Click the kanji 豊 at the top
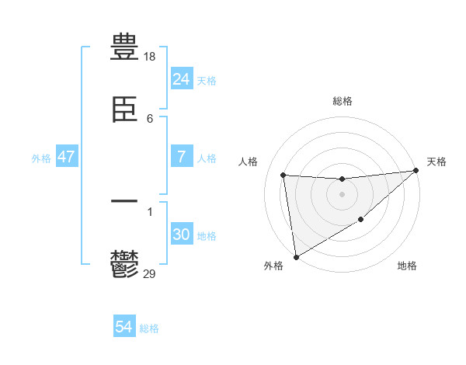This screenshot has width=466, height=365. (124, 47)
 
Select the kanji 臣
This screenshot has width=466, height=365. (124, 111)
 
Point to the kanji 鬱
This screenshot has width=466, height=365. (124, 265)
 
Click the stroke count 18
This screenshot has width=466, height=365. (151, 56)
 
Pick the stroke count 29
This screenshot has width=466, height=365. (150, 273)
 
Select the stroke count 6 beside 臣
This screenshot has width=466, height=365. (150, 118)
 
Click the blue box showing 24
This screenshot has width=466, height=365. (181, 78)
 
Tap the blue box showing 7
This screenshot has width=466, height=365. (181, 157)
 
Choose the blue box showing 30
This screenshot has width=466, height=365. (181, 235)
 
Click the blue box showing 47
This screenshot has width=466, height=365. (66, 157)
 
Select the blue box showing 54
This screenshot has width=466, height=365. (123, 327)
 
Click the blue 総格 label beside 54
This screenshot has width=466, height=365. (149, 328)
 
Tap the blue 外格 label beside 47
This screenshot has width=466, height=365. (41, 158)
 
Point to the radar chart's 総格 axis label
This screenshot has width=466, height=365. (342, 101)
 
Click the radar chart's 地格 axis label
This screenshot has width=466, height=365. (407, 266)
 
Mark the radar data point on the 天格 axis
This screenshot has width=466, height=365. (416, 171)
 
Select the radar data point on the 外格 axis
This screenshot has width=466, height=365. (296, 256)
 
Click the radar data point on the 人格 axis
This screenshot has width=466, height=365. (283, 175)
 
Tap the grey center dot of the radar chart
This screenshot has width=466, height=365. (342, 194)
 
